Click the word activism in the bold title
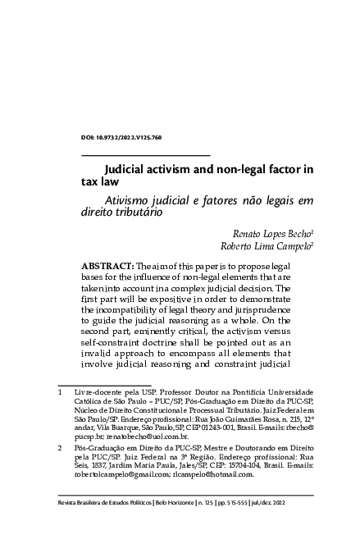tap(180, 171)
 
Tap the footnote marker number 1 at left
tap(60, 394)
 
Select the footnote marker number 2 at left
tap(60, 449)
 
